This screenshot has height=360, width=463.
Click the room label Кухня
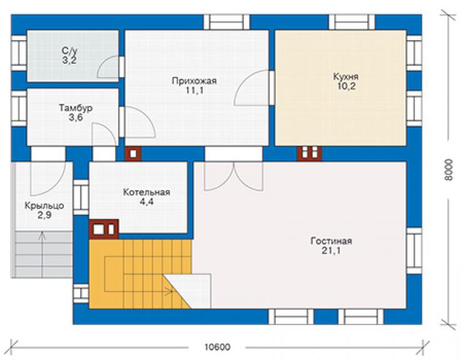(x=346, y=76)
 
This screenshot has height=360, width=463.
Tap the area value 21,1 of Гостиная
(x=331, y=250)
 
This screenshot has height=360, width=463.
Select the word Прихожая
(x=195, y=81)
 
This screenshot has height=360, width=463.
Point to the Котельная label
(x=146, y=192)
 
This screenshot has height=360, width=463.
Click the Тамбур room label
(x=76, y=108)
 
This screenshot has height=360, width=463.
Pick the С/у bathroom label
(x=69, y=51)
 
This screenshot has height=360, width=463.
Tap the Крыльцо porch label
(x=44, y=206)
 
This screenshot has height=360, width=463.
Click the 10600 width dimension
(x=217, y=347)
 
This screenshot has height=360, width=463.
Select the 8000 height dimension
(x=449, y=170)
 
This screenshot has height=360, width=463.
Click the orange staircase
(x=141, y=274)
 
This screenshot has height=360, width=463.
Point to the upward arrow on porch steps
(x=42, y=255)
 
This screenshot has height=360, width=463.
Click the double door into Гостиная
(x=233, y=176)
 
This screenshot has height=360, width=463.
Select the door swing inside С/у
(x=108, y=67)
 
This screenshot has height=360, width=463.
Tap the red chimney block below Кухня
(x=310, y=153)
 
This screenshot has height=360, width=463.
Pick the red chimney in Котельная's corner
(x=104, y=229)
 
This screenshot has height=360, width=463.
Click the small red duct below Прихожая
(x=133, y=153)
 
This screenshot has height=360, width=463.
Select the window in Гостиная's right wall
(x=414, y=250)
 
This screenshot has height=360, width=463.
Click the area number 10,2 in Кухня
(x=347, y=86)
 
